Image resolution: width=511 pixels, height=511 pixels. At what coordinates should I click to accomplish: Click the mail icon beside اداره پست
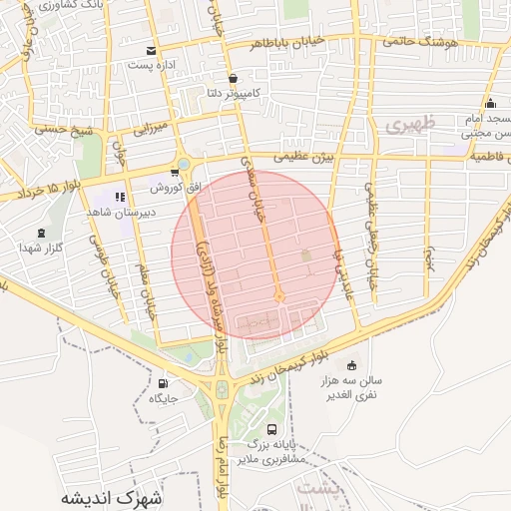[151, 51]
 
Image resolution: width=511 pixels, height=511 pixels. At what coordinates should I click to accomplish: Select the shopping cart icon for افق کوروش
[176, 173]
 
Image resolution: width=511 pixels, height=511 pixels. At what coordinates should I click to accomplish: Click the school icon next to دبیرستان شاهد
[121, 197]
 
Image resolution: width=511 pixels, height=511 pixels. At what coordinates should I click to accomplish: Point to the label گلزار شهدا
[41, 247]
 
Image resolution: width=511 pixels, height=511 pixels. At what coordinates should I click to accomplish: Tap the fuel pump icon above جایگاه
[163, 383]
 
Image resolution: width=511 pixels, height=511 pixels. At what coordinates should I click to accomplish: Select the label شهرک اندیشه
[110, 496]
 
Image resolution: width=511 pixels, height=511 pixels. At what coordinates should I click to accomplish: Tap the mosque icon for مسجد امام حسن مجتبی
[489, 104]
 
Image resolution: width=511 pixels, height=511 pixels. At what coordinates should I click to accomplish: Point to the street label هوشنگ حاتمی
[418, 41]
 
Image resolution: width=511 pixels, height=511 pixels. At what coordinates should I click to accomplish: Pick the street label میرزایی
[154, 127]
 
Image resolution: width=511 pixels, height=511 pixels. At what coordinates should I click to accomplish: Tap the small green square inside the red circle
[306, 256]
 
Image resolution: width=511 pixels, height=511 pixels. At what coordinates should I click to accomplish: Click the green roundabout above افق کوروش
[183, 164]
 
